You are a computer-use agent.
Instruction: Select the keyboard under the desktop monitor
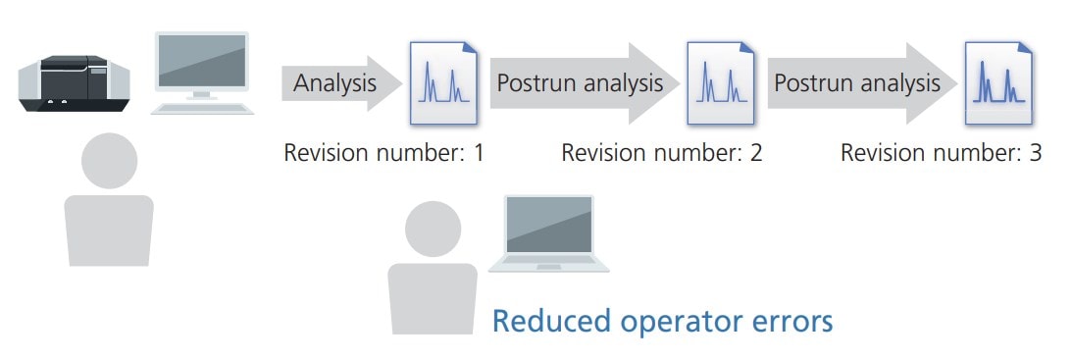pos(201,106)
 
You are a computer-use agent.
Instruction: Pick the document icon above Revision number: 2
pos(721,83)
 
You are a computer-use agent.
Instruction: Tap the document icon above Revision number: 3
pos(997,83)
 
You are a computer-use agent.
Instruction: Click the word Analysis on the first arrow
pos(334,83)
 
